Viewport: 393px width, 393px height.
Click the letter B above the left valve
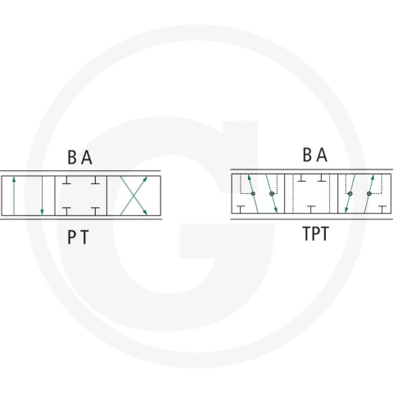click(x=72, y=157)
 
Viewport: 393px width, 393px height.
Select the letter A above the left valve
click(x=87, y=157)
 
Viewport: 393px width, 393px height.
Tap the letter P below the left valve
click(x=71, y=237)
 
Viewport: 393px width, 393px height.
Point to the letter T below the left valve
click(x=85, y=237)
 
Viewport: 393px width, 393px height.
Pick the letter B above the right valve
click(x=307, y=155)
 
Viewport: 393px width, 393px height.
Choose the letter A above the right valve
click(x=322, y=155)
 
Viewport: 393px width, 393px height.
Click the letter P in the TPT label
click(x=316, y=234)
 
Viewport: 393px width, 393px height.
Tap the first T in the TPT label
click(x=307, y=234)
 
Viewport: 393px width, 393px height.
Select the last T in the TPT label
click(x=324, y=234)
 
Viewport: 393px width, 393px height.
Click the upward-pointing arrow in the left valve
click(x=14, y=196)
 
